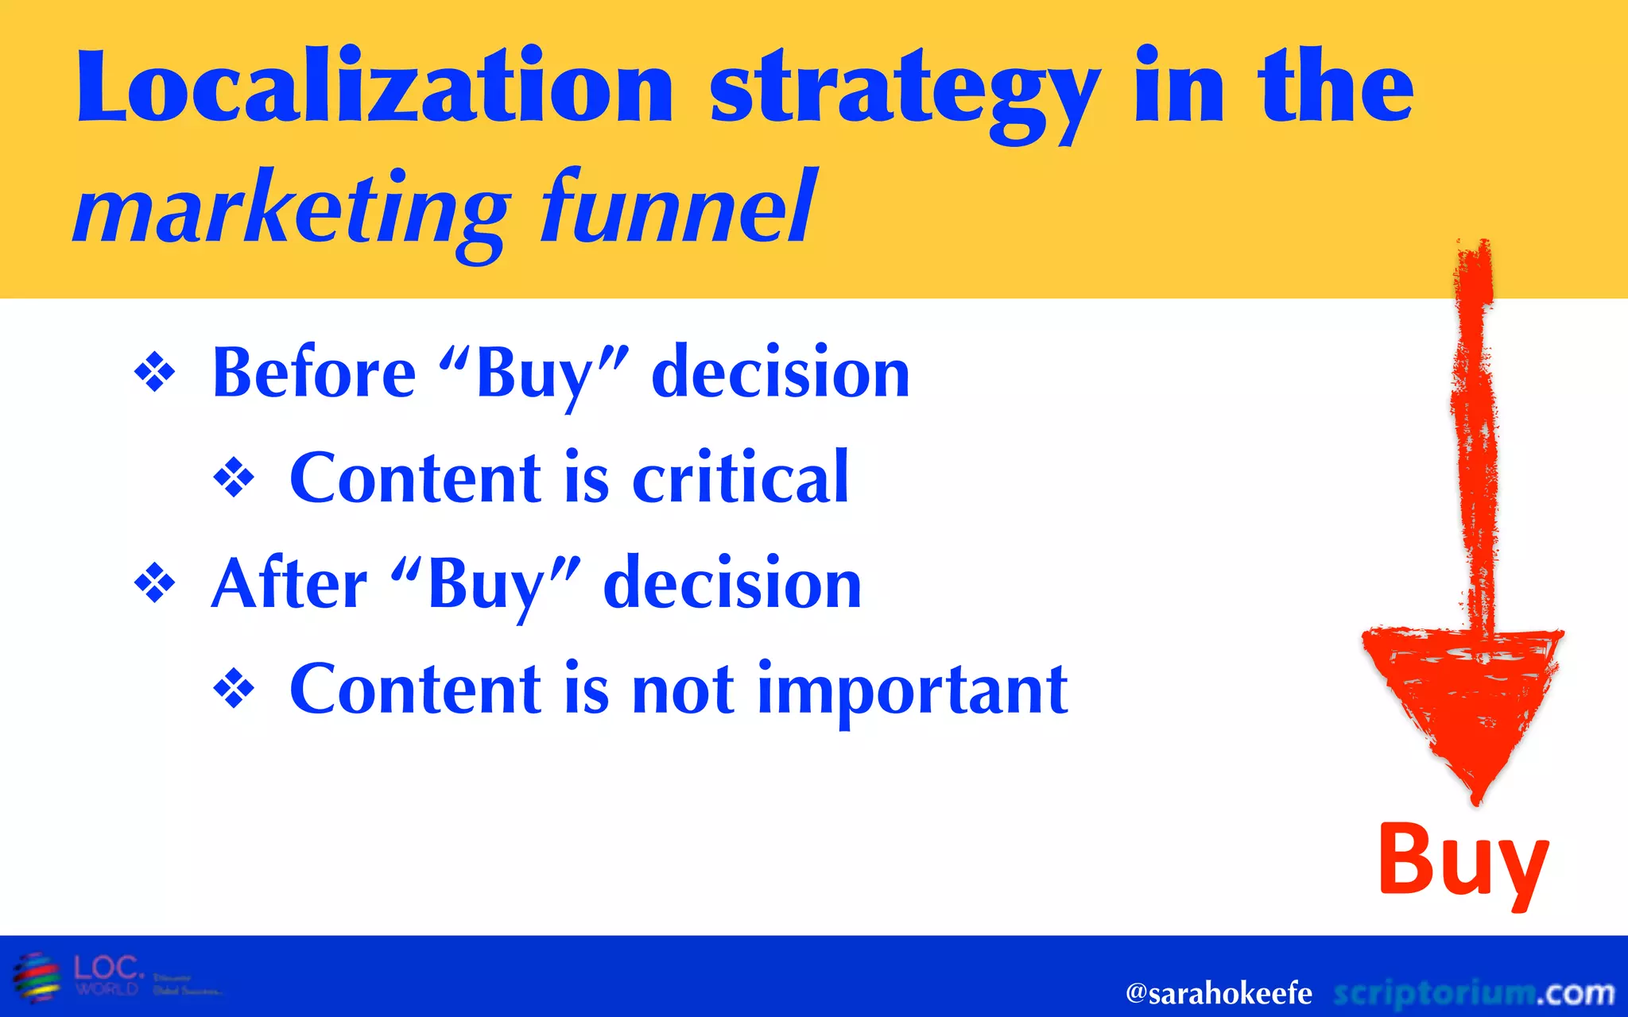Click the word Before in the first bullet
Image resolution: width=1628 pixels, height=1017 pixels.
click(x=314, y=373)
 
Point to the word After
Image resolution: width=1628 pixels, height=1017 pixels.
click(x=289, y=584)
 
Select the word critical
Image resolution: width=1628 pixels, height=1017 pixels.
click(x=740, y=478)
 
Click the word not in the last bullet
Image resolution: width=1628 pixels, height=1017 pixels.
click(x=683, y=690)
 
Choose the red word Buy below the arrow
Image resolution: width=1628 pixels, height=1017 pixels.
click(x=1463, y=861)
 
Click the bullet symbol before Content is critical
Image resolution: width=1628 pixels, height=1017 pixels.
click(x=234, y=478)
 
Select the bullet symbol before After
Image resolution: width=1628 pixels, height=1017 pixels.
click(x=155, y=584)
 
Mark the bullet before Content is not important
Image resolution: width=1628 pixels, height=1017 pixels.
click(x=234, y=689)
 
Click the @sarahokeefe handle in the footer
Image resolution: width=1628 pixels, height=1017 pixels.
click(x=1218, y=993)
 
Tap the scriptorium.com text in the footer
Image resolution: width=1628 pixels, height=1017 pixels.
click(x=1474, y=993)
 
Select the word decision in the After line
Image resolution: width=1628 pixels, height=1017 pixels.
click(x=732, y=584)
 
